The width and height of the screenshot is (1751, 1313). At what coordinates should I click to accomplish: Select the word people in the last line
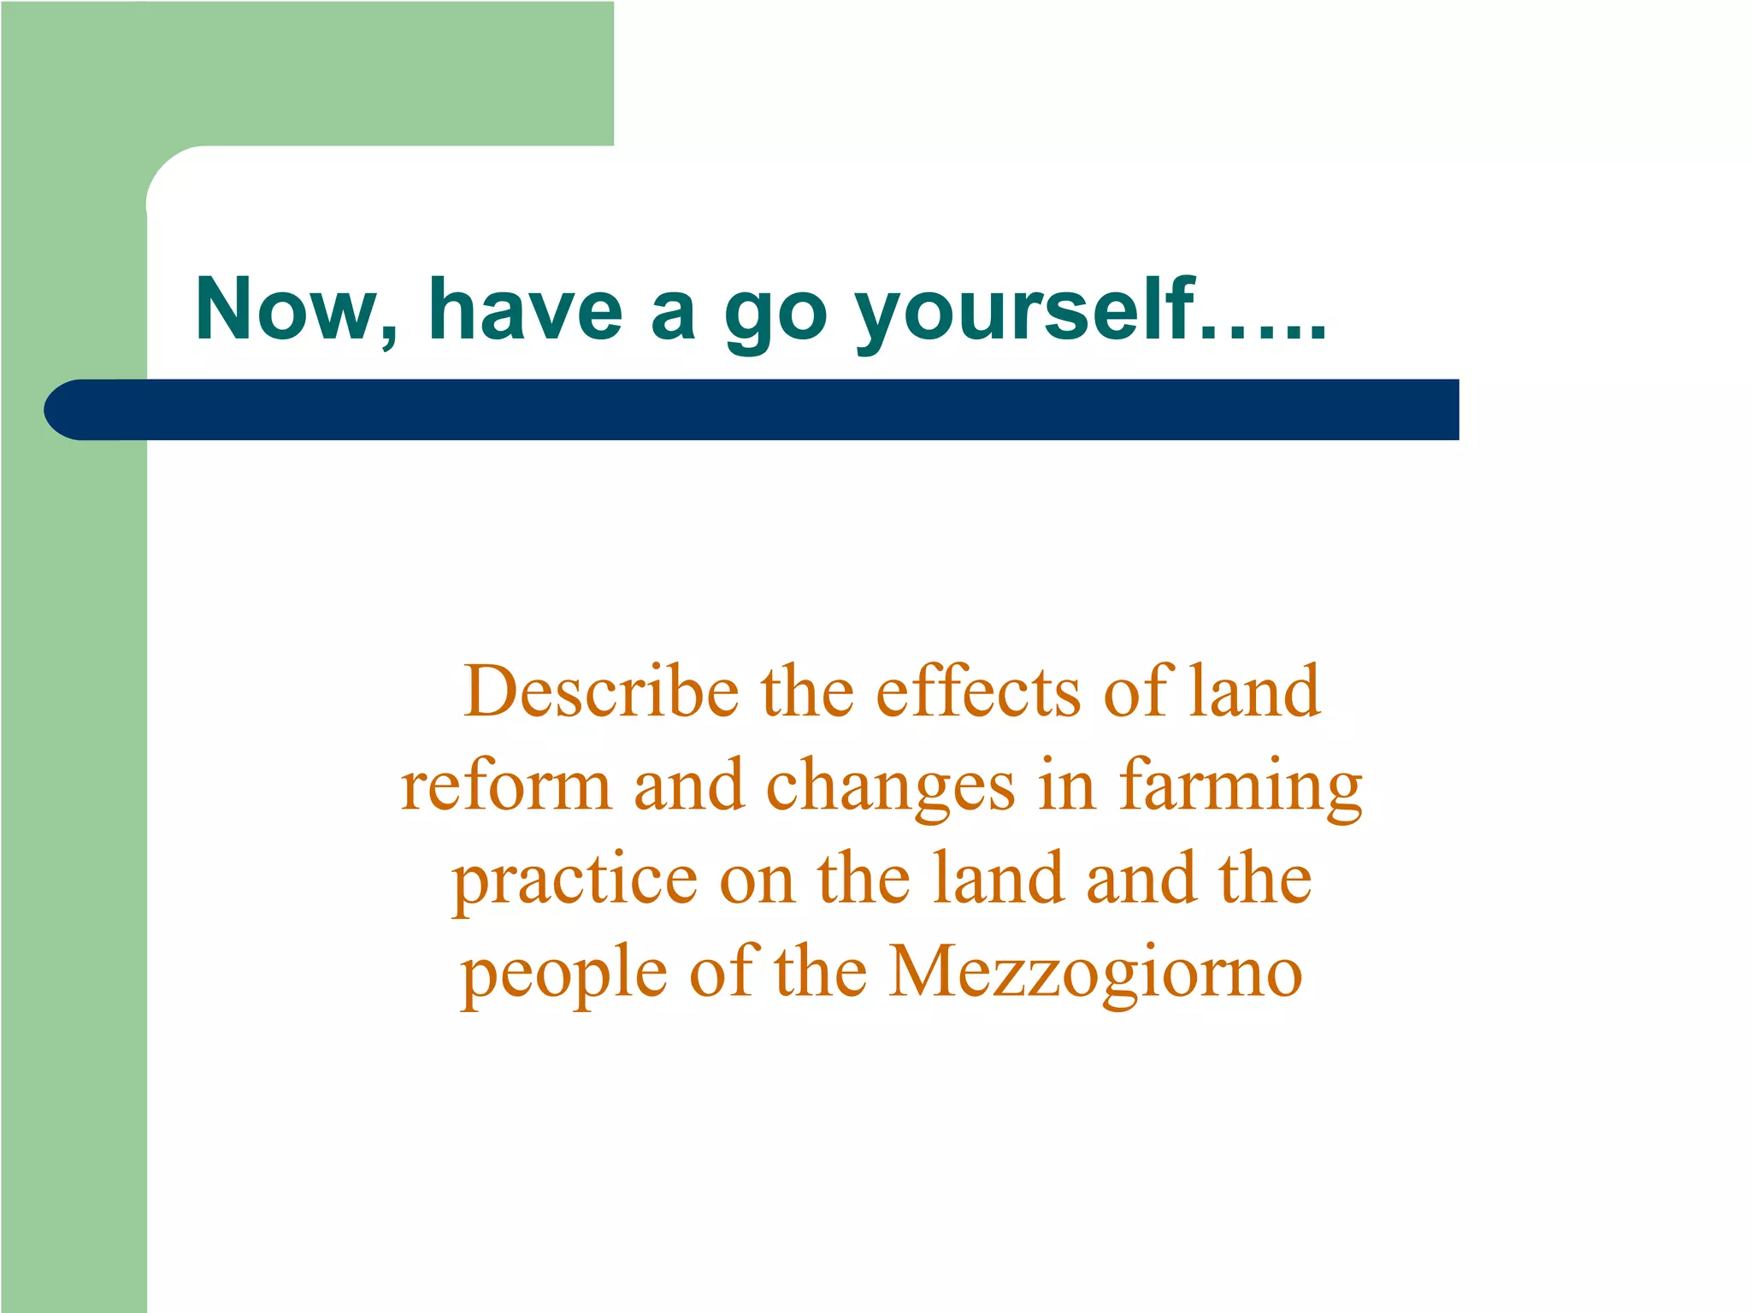coord(564,974)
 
